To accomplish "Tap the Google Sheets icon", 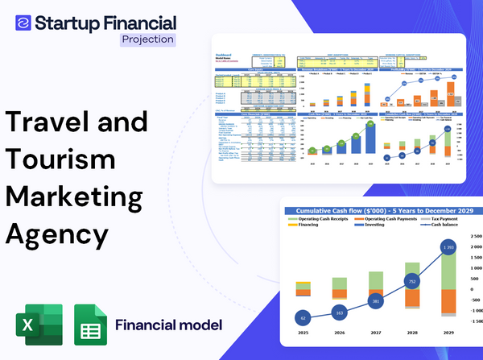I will pos(91,326).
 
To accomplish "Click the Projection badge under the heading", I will pos(147,39).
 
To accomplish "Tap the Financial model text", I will pos(168,326).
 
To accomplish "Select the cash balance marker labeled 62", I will pos(302,317).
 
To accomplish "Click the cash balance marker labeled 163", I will pos(339,312).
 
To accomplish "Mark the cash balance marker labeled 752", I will pos(411,281).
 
